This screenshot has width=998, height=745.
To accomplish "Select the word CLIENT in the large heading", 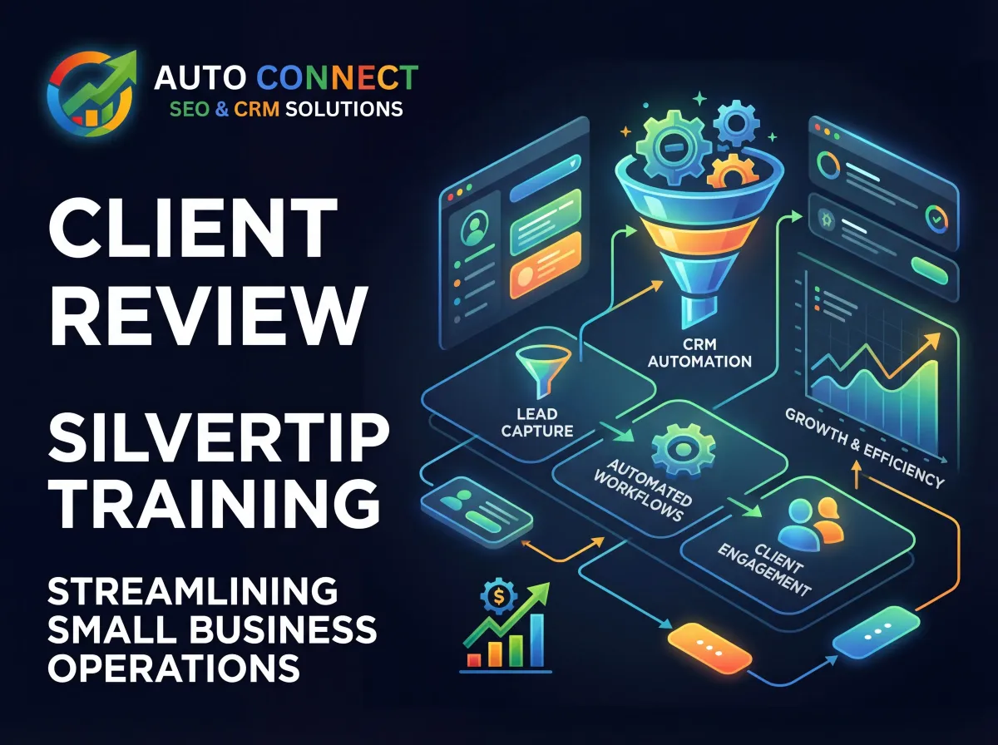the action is pyautogui.click(x=193, y=227).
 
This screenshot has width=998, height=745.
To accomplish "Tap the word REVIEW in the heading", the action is pyautogui.click(x=208, y=314).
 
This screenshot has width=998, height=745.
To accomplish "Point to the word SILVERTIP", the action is pyautogui.click(x=219, y=439).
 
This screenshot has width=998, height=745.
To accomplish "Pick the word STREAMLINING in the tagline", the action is pyautogui.click(x=193, y=590).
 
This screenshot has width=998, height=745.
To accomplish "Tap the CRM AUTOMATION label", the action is pyautogui.click(x=699, y=353).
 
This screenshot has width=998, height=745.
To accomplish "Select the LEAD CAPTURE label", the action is pyautogui.click(x=537, y=422).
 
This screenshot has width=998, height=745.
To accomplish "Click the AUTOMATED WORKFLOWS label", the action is pyautogui.click(x=642, y=490).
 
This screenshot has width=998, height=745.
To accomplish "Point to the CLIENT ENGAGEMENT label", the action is pyautogui.click(x=764, y=569).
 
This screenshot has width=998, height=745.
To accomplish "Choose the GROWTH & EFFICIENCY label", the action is pyautogui.click(x=864, y=447).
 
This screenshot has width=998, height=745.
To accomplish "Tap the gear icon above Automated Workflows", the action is pyautogui.click(x=683, y=449).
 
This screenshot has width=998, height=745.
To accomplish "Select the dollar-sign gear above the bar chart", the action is pyautogui.click(x=499, y=596).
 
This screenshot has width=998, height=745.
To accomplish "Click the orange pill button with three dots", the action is pyautogui.click(x=709, y=647).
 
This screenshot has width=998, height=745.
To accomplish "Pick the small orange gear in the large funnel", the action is pyautogui.click(x=733, y=172).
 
